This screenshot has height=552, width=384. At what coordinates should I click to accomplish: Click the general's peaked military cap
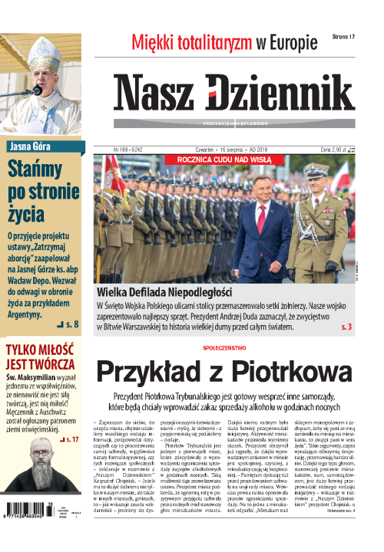tap(316, 171)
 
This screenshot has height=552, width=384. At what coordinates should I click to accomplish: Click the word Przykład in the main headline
tap(151, 373)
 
